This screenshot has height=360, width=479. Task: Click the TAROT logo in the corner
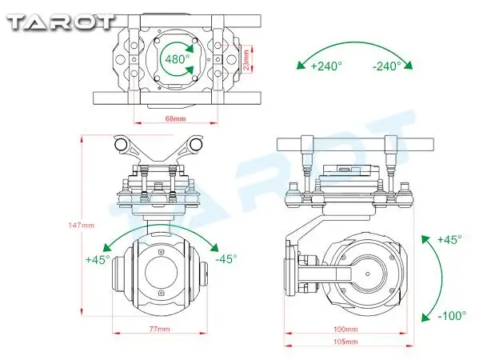coord(61,22)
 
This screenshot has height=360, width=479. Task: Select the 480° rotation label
coord(177,58)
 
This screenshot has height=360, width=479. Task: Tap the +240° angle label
coord(326,66)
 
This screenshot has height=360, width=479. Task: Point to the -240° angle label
coord(387,66)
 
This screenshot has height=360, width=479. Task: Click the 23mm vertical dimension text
coord(246,59)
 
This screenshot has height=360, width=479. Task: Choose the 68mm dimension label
coord(175,118)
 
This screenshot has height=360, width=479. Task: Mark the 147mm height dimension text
coord(82,226)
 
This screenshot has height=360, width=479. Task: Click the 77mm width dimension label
coord(159,329)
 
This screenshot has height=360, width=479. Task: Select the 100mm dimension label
coord(345,329)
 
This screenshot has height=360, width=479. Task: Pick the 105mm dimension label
coord(345,342)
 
